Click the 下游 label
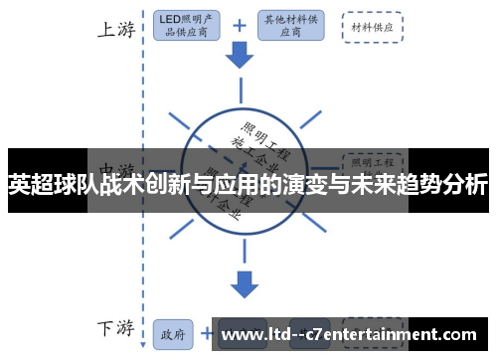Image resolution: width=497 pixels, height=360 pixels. pos(115,329)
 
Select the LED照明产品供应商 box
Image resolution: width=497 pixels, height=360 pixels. pos(189,26)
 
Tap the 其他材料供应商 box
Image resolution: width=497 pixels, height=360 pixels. pos(292,26)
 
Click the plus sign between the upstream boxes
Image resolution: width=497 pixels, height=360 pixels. pos(240,25)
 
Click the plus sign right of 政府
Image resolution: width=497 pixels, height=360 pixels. pos(206,332)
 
